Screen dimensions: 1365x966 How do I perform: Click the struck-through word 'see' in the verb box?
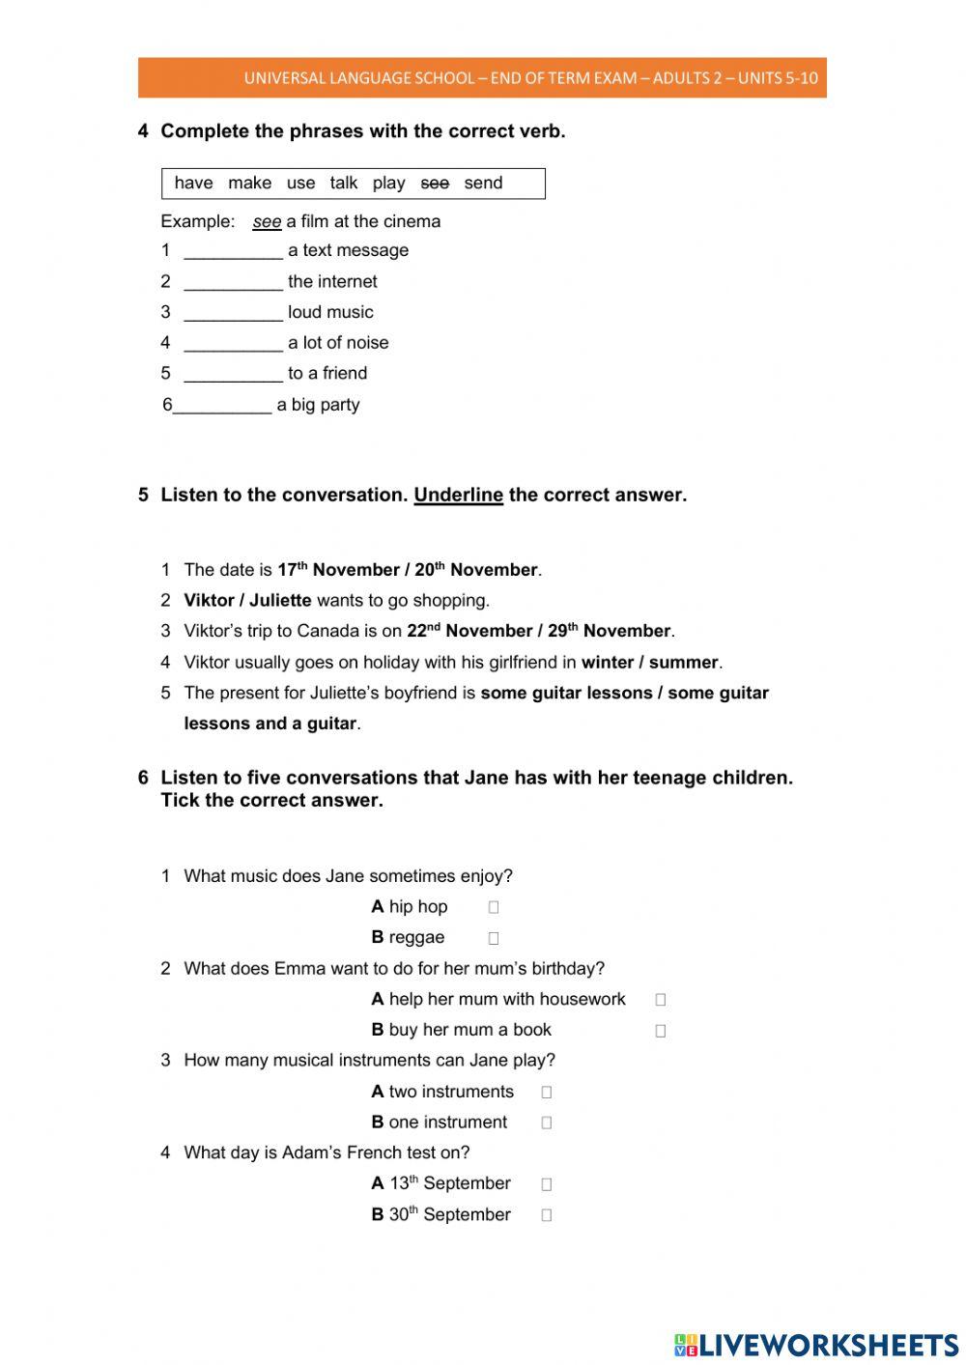[435, 184]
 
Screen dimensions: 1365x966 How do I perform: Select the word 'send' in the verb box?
[483, 184]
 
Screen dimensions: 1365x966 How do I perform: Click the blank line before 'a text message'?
[233, 251]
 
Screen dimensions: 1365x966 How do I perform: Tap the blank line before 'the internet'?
[233, 282]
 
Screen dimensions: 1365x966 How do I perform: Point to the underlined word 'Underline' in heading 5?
[458, 496]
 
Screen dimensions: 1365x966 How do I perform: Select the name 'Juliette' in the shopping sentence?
[280, 601]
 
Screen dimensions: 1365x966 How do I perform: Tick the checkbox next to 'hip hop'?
[494, 907]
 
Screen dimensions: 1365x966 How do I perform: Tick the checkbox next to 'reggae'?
[494, 938]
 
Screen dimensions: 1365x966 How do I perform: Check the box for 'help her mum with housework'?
[661, 1000]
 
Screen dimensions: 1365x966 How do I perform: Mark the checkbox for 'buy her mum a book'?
[661, 1031]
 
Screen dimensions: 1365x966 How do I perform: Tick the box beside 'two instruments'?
[547, 1093]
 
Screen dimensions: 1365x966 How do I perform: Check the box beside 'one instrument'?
[547, 1123]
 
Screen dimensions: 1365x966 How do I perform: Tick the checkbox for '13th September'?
[547, 1184]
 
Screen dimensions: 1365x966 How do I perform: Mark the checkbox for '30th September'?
[547, 1215]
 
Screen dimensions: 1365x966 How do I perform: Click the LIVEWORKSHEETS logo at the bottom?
[816, 1345]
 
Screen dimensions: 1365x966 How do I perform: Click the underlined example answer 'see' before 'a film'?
[267, 222]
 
